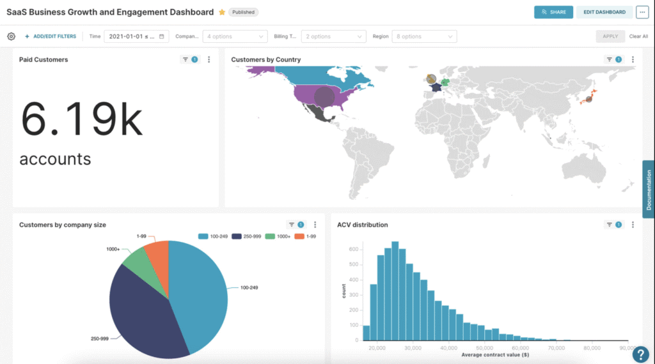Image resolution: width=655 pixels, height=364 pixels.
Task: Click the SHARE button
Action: [553, 12]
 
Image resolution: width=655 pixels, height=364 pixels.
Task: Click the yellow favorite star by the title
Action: [222, 12]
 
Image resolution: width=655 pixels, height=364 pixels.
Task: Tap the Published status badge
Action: [243, 12]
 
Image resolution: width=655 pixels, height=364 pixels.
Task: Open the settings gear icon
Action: [11, 36]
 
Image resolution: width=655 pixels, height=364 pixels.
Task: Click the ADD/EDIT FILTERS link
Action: [51, 36]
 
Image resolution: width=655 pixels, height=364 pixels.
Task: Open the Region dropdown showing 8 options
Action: [424, 36]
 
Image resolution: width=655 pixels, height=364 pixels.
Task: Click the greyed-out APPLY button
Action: [610, 36]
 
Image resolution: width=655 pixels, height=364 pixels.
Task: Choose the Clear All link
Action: [638, 36]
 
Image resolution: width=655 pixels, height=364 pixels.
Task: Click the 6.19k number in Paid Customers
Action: [81, 119]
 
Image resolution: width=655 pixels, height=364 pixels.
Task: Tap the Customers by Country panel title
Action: [265, 60]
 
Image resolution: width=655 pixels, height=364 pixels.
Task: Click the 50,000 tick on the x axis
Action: [484, 349]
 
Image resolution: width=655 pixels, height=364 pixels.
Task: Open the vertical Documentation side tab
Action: [649, 190]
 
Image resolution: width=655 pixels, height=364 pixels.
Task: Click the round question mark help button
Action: [640, 354]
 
